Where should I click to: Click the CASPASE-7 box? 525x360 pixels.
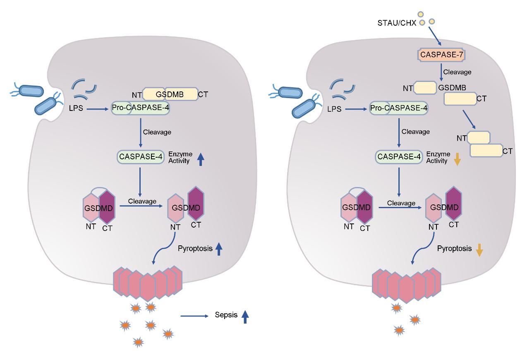(440, 54)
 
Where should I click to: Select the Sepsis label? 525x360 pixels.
(226, 315)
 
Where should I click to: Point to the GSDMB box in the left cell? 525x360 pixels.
(170, 94)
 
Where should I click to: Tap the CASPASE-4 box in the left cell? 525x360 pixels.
(140, 157)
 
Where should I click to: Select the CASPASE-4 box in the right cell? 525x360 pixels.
(398, 157)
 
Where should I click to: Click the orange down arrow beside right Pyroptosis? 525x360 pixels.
(479, 250)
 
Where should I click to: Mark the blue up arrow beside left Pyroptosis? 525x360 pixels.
(219, 249)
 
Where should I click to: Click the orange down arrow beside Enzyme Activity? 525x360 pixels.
(457, 159)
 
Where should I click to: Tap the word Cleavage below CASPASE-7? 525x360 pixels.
(457, 72)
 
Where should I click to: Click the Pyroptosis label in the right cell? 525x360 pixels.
(454, 249)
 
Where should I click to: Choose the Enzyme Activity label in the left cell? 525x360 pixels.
(180, 157)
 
